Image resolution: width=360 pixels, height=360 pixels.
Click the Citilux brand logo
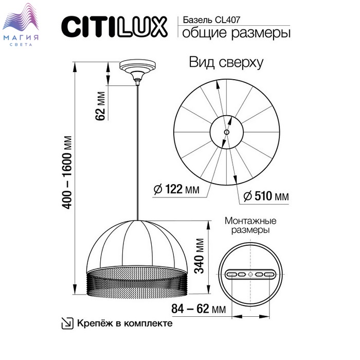pos(114,27)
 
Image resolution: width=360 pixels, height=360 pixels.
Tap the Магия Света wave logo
pos(21,24)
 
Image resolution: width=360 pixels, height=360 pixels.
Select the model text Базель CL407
pos(211,20)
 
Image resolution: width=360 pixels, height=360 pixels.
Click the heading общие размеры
pos(236,32)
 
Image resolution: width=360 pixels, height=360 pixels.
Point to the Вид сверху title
pos(226,62)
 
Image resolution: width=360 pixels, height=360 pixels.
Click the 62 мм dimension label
pos(100,106)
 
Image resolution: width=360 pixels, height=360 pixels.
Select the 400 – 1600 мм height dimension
pos(67,172)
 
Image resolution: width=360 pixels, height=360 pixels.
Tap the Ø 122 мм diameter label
pos(176,189)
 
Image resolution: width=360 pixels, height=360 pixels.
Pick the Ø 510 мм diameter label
pos(266,196)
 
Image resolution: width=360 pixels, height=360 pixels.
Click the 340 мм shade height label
pos(199,256)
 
